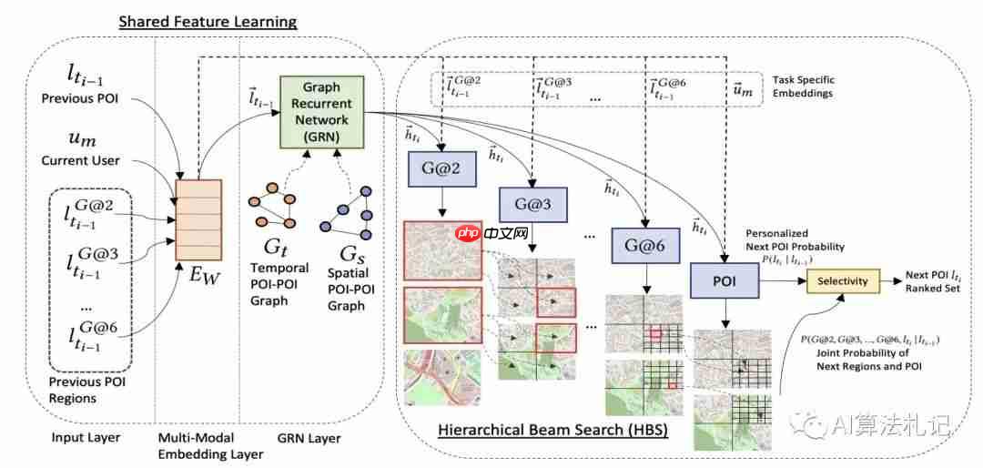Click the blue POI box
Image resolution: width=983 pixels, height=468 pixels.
tap(725, 281)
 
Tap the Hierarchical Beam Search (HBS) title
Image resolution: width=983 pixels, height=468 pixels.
tap(552, 429)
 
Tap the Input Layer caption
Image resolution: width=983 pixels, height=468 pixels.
tap(86, 438)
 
